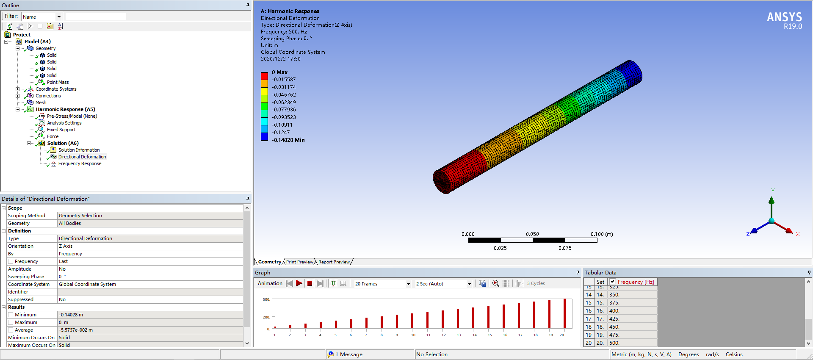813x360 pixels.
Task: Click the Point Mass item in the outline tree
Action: tap(58, 82)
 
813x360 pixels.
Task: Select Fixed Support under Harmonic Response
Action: tap(61, 130)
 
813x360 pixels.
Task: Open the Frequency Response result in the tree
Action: tap(80, 163)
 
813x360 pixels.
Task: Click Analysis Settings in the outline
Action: tap(64, 123)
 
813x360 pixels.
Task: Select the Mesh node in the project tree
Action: tap(41, 102)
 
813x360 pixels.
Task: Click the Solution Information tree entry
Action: tap(79, 150)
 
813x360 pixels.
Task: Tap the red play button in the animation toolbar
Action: tap(299, 283)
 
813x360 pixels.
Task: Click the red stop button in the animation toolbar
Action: tap(310, 284)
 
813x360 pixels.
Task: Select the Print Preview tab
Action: tap(299, 262)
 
